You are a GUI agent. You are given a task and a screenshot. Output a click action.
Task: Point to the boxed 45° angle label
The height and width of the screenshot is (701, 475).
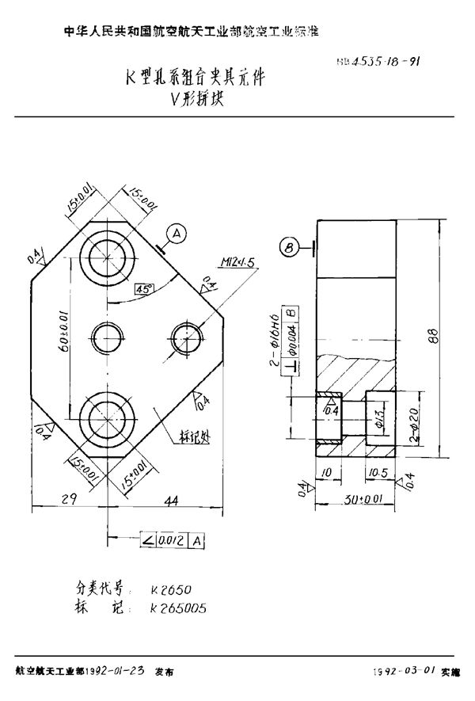click(x=144, y=288)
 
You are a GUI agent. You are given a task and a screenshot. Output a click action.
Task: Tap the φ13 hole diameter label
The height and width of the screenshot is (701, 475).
click(x=379, y=417)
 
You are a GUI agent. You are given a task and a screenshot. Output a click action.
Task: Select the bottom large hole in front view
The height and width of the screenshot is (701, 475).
click(x=107, y=419)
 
